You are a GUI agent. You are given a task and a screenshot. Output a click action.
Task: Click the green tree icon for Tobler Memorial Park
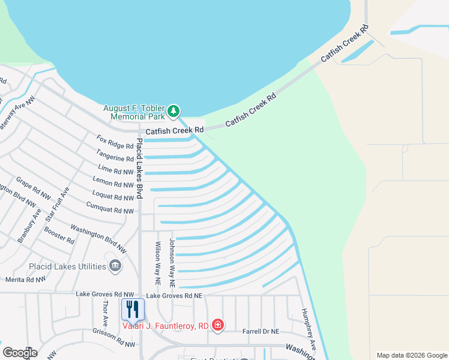(x=173, y=111)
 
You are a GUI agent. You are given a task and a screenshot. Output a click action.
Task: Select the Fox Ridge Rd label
(x=115, y=142)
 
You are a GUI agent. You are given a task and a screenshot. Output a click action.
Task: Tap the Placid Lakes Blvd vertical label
(x=139, y=169)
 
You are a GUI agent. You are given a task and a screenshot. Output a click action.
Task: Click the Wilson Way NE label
(x=158, y=262)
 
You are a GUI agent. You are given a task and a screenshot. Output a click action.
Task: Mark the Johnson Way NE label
(x=172, y=262)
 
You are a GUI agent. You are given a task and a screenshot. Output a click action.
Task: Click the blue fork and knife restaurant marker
(x=133, y=310)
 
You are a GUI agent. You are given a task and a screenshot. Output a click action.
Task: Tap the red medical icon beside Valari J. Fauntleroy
(x=217, y=326)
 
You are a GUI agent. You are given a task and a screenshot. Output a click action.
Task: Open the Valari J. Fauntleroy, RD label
(x=165, y=326)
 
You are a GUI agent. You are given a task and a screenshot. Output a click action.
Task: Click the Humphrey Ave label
(x=310, y=328)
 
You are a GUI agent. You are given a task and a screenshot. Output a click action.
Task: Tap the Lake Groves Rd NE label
(x=174, y=296)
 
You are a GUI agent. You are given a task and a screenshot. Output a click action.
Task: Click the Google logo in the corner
(x=20, y=353)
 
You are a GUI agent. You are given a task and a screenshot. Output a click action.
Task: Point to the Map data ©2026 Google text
(x=411, y=355)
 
